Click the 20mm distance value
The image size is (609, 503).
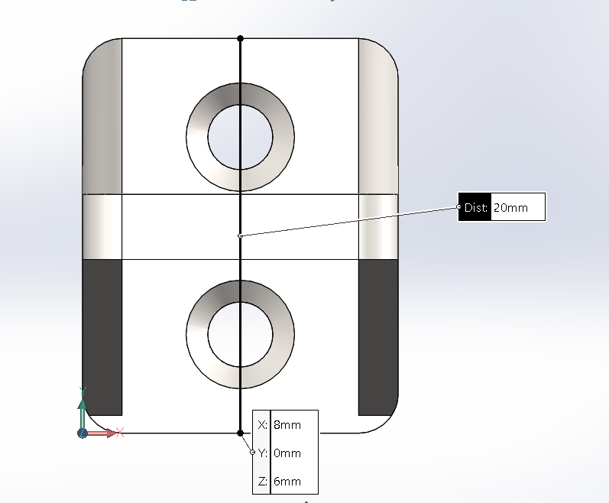pyautogui.click(x=510, y=207)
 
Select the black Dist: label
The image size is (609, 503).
pyautogui.click(x=475, y=207)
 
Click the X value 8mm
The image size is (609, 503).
pyautogui.click(x=287, y=424)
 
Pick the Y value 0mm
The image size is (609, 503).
pyautogui.click(x=287, y=453)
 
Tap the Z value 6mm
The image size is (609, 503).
pyautogui.click(x=287, y=482)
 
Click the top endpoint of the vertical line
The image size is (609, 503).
pyautogui.click(x=240, y=38)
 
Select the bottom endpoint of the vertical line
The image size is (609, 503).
pyautogui.click(x=240, y=433)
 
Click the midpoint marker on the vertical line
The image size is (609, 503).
pyautogui.click(x=240, y=235)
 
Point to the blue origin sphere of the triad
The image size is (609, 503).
pyautogui.click(x=83, y=433)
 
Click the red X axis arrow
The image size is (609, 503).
pyautogui.click(x=102, y=433)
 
